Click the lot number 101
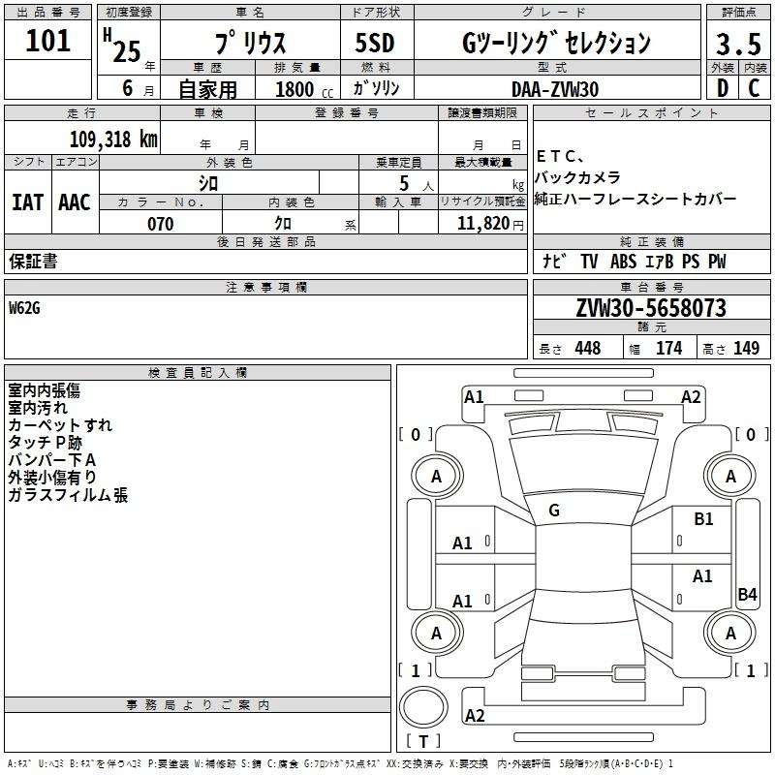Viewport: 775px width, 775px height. coord(47,41)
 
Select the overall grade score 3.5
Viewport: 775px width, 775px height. coord(738,44)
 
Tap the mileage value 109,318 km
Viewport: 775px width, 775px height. coord(113,139)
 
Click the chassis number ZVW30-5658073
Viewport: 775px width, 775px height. coord(651,307)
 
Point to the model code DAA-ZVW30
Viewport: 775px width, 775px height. coord(555,89)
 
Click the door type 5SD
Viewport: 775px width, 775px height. coord(375,43)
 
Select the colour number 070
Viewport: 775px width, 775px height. coord(161,224)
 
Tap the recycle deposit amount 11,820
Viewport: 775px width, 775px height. coord(483,224)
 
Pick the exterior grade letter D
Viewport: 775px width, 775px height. coord(723,88)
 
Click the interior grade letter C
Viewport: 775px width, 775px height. coord(754,88)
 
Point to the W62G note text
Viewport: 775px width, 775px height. coord(24,308)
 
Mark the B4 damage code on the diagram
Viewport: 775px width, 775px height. coord(747,594)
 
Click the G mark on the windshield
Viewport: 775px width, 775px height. coord(554,511)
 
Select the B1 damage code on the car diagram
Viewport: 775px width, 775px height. coord(703,519)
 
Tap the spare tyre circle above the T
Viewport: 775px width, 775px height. coord(423,707)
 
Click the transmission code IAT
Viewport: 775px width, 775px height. coord(28,202)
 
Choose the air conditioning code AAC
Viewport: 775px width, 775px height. coord(75,202)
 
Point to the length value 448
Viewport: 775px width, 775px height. coord(588,348)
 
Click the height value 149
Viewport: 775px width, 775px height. coord(746,348)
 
